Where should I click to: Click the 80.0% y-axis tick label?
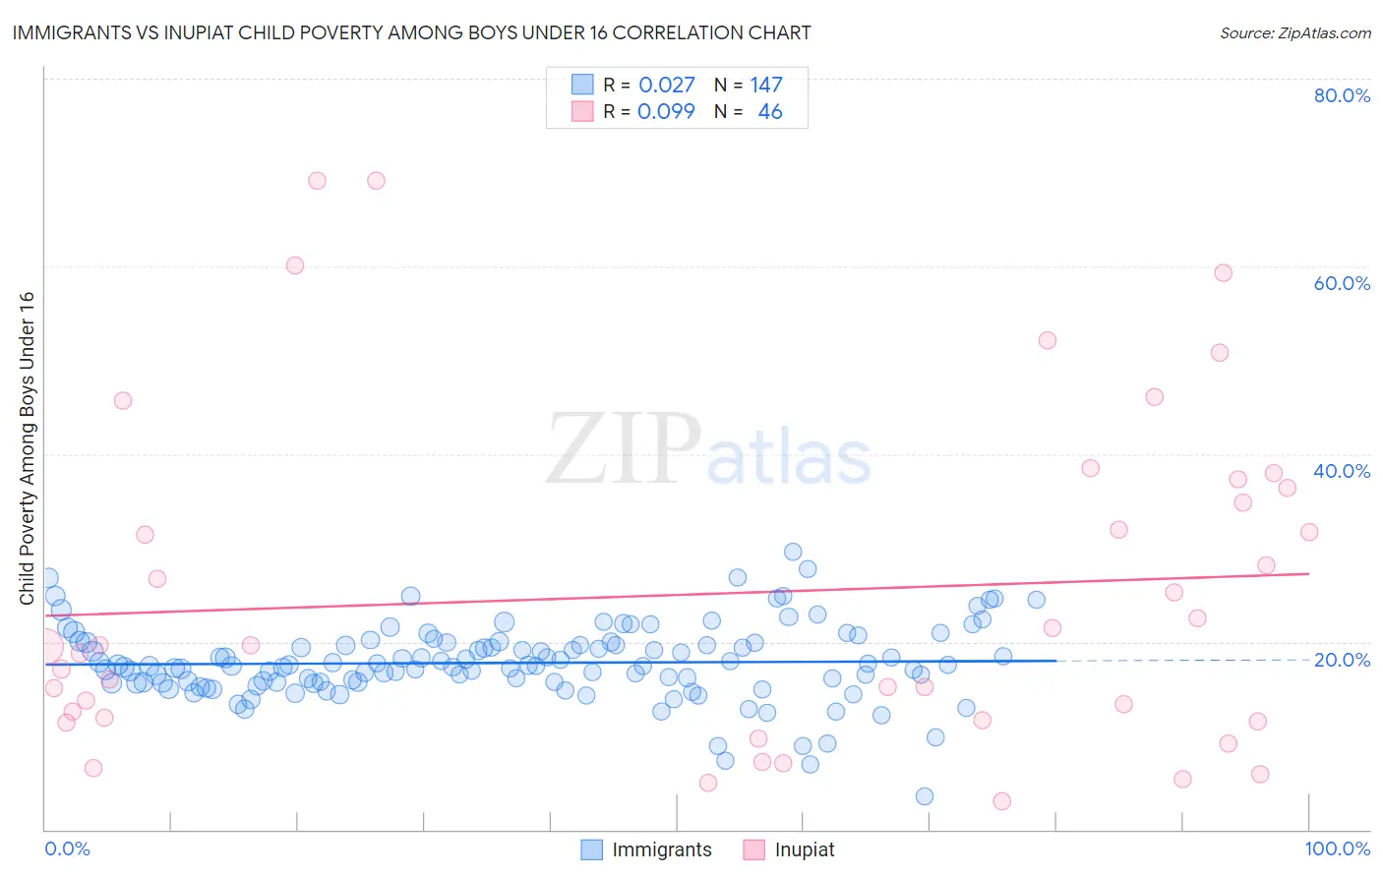point(1342,95)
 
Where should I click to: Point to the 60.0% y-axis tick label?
point(1342,283)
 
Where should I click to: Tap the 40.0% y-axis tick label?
point(1342,471)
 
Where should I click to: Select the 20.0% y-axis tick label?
point(1342,660)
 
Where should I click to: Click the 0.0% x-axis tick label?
point(67,848)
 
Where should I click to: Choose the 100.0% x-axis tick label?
point(1337,848)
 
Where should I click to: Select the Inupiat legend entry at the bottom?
point(804,849)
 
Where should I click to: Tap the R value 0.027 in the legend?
point(666,86)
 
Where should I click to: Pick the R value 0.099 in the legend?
point(666,112)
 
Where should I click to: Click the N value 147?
point(766,86)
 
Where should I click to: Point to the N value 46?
point(770,112)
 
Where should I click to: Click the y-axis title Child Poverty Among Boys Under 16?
point(27,448)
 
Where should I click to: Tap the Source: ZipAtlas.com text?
point(1294,33)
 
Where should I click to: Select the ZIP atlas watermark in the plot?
point(708,449)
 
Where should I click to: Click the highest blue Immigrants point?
point(793,552)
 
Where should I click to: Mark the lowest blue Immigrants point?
point(925,796)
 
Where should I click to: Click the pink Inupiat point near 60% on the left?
point(295,265)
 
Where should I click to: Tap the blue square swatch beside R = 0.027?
point(582,85)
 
